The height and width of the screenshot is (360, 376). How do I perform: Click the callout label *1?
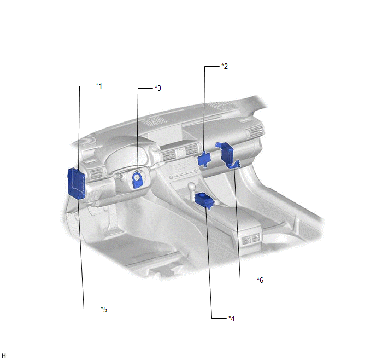click(x=99, y=86)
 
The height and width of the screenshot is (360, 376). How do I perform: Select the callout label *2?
click(x=225, y=66)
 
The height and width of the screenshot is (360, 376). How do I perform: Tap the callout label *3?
click(x=158, y=88)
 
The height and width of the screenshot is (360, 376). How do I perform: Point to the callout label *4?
click(x=232, y=318)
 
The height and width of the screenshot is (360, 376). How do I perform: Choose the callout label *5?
click(x=104, y=310)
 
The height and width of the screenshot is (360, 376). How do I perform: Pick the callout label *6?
click(x=260, y=280)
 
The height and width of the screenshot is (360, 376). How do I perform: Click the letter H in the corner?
click(x=3, y=356)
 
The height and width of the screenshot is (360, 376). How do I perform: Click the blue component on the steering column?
click(x=138, y=180)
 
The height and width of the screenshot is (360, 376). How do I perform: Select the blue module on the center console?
click(x=204, y=200)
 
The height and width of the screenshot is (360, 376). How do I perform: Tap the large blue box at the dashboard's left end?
click(x=77, y=183)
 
